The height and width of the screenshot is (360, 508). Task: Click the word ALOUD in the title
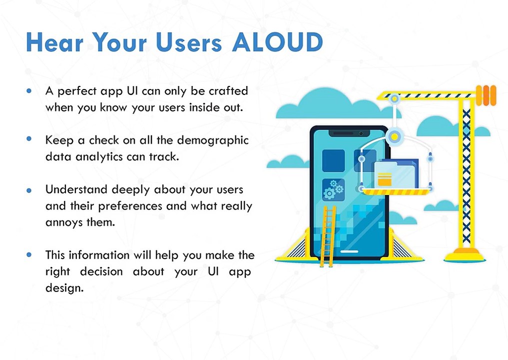[278, 42]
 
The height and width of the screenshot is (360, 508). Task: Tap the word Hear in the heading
[54, 42]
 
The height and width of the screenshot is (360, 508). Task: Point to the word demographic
[213, 141]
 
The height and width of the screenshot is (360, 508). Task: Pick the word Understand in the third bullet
[76, 189]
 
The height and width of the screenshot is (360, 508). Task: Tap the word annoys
[64, 223]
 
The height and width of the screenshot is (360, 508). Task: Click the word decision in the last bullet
[101, 271]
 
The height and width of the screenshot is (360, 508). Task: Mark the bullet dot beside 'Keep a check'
[29, 139]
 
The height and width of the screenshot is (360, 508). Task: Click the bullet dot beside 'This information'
[29, 254]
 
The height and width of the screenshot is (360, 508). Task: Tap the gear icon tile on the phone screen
[333, 189]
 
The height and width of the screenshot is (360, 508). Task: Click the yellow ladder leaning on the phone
[328, 236]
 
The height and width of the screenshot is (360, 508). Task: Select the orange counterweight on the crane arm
[486, 95]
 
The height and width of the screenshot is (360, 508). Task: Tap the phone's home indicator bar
[349, 251]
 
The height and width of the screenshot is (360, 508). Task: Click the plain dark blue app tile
[333, 160]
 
